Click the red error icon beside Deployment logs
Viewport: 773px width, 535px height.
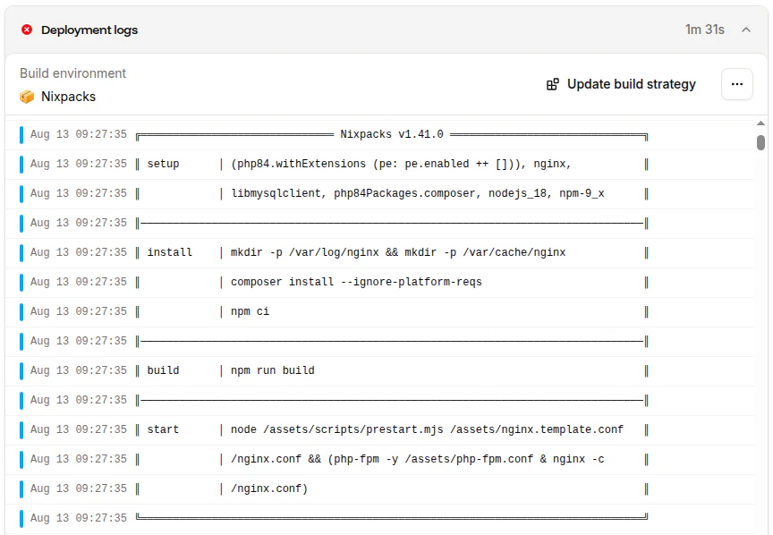tap(27, 30)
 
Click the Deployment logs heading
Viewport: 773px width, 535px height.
tap(89, 30)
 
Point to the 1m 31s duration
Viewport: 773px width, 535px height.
tap(704, 30)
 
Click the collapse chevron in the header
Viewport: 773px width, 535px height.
tap(746, 30)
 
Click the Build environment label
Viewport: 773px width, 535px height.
tap(73, 73)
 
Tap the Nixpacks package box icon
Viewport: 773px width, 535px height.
tap(27, 97)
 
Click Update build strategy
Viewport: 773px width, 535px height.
tap(621, 84)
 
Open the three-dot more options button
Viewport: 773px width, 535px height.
tap(737, 84)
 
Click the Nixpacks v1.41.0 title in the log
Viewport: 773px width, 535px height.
tap(392, 134)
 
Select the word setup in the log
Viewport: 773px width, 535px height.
tap(163, 164)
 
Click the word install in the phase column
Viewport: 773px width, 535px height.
tap(170, 252)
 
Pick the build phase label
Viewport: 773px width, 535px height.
tap(163, 370)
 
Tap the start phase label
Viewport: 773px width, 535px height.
tap(163, 429)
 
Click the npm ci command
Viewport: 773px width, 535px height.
tap(250, 311)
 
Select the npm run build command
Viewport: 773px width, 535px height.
tap(273, 370)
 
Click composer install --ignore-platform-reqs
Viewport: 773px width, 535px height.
tap(356, 282)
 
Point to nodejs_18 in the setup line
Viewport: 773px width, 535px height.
tap(518, 193)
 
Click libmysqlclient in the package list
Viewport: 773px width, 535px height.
tap(276, 193)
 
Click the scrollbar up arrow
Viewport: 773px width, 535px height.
tap(761, 123)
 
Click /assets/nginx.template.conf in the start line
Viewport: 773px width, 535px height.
tap(537, 429)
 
